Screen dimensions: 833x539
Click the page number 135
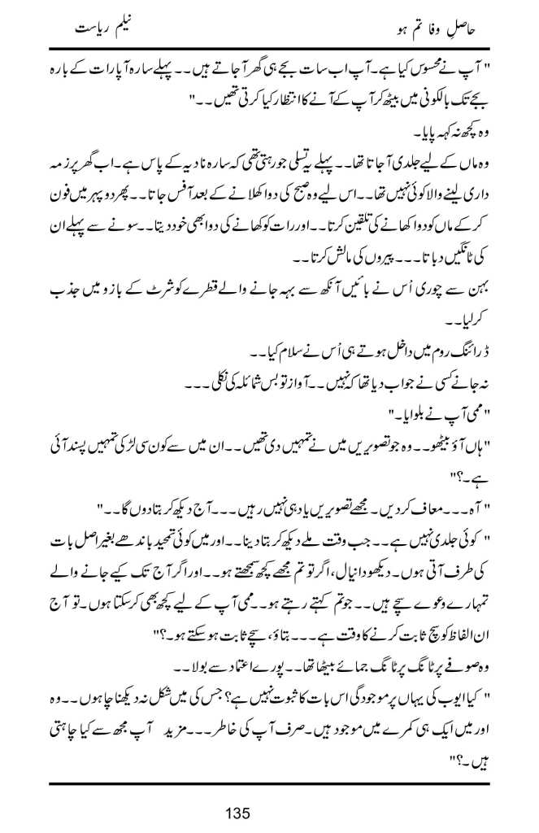point(268,811)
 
